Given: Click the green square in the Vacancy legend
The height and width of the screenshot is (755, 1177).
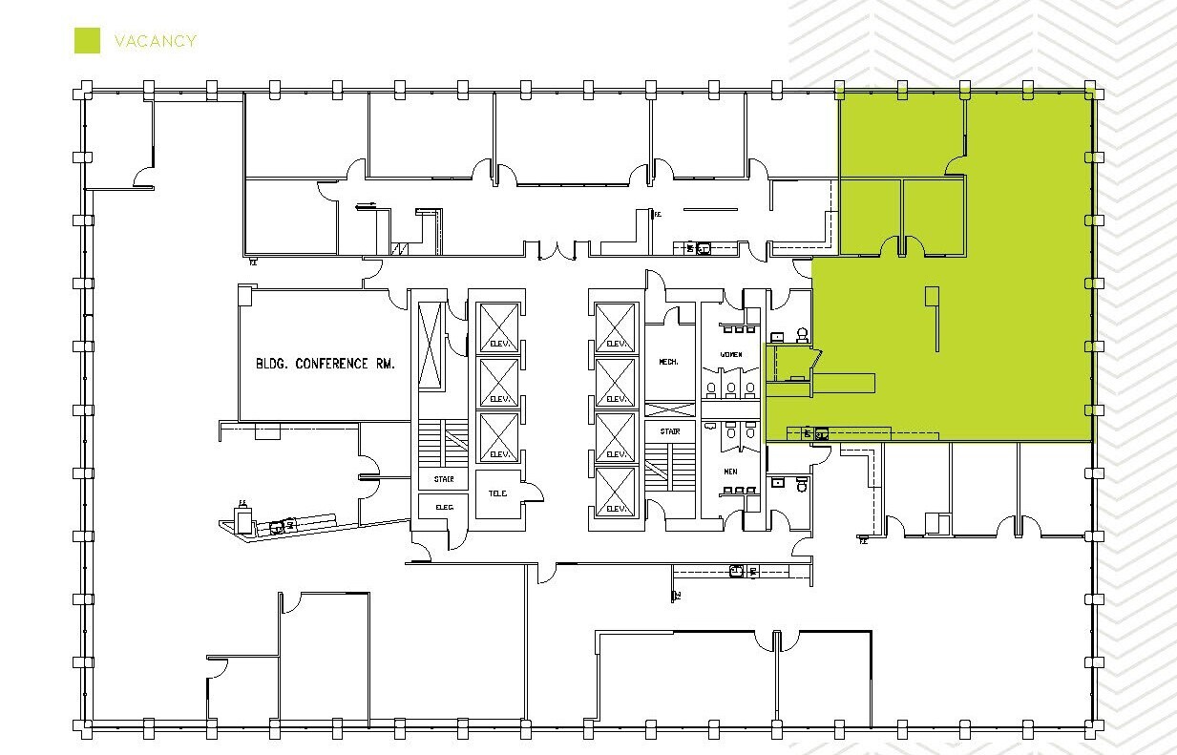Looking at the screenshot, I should tap(87, 40).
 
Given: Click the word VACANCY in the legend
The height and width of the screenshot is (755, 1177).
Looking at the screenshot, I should tap(155, 41).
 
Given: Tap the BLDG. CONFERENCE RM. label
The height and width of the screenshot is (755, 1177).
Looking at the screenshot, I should tap(325, 364).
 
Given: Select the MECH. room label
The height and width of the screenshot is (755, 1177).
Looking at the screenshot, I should tap(668, 362).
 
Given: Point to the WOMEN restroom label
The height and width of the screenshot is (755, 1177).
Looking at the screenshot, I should tap(731, 355).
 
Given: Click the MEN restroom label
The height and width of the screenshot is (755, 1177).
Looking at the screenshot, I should tap(731, 472).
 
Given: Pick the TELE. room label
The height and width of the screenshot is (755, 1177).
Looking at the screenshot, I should tap(497, 493).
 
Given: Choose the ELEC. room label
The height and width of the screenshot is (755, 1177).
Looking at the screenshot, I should tap(444, 507).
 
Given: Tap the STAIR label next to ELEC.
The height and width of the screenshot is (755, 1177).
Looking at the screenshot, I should tap(444, 479).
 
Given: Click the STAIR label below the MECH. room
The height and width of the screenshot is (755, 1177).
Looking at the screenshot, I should tap(668, 432).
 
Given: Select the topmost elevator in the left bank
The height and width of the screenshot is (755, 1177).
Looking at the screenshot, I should tap(499, 327).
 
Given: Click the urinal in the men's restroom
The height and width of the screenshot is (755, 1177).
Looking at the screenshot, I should tap(731, 431).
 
